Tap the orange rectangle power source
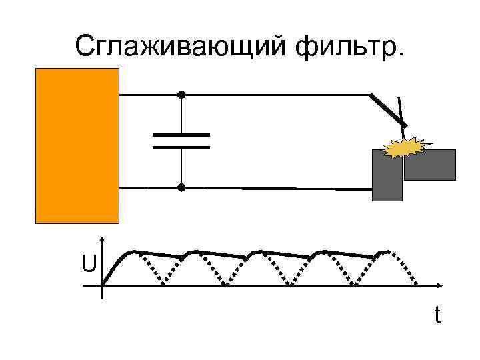[77, 145]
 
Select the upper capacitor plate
[181, 135]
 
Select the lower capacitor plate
[181, 147]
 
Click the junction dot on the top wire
[181, 95]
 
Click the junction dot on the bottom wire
[181, 188]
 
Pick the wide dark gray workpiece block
[431, 165]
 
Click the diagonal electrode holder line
[387, 109]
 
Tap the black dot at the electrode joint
[403, 126]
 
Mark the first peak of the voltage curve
[133, 251]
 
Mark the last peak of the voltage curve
[385, 251]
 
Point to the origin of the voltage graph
[102, 287]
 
